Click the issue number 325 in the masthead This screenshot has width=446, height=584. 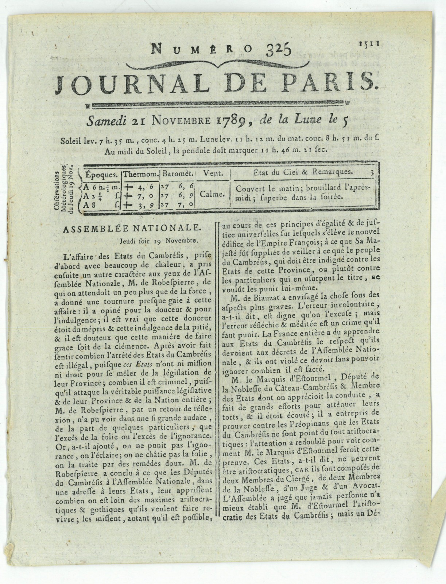click(x=277, y=49)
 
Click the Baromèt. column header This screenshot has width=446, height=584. click(x=178, y=173)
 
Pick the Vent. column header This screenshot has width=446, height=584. click(x=212, y=173)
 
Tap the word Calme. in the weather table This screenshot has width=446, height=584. click(x=212, y=194)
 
